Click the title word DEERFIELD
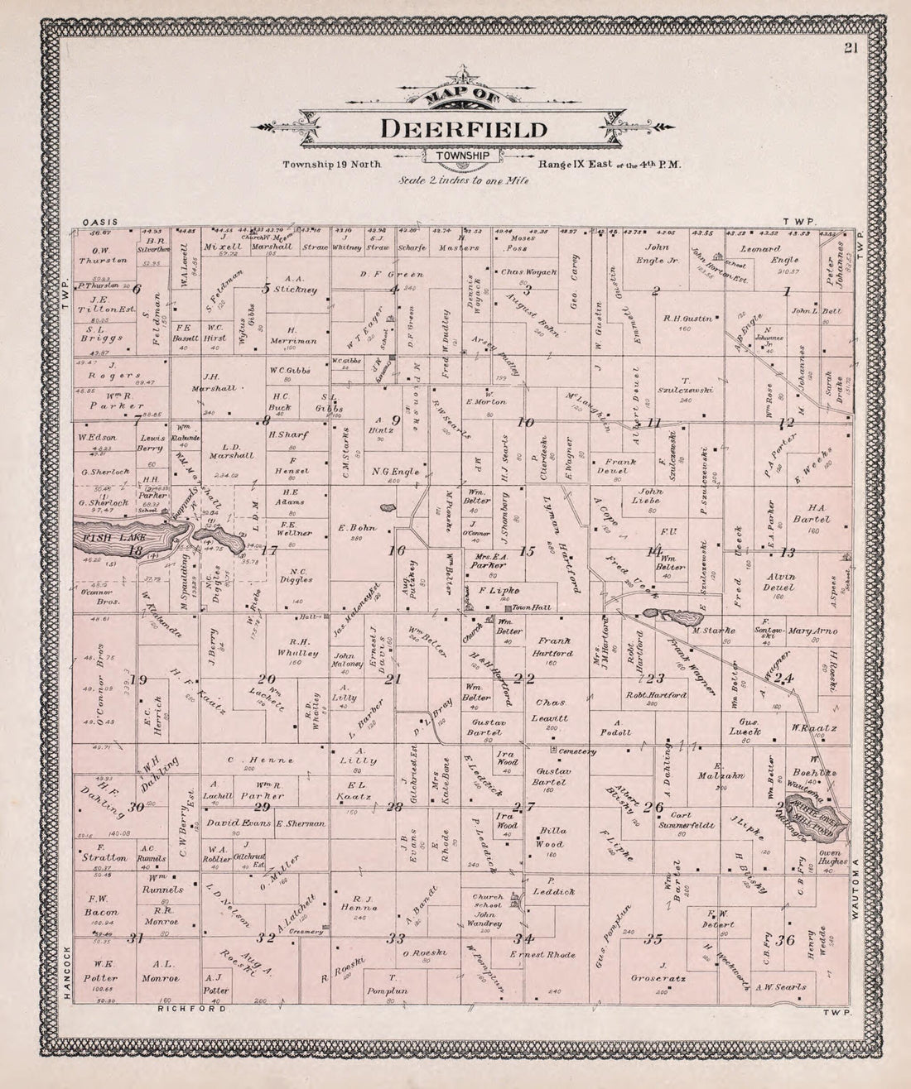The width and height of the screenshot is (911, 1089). tap(463, 129)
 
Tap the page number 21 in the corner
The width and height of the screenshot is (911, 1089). tap(851, 48)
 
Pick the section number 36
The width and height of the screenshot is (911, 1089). tap(786, 939)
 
